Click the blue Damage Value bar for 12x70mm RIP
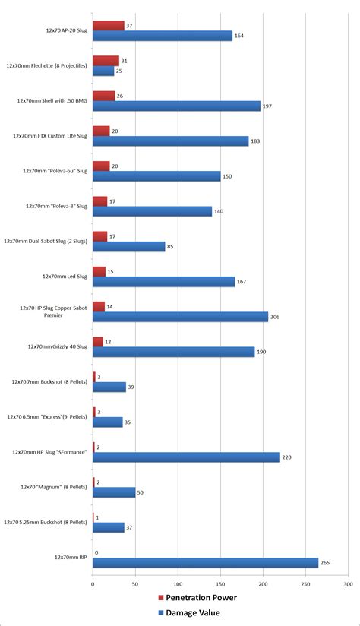[x=205, y=562]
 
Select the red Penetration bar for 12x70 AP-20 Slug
[x=108, y=26]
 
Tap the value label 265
[x=325, y=562]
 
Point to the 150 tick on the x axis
[x=220, y=584]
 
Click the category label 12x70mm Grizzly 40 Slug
[x=58, y=346]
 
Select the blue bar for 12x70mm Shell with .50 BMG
[x=176, y=106]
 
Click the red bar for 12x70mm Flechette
[x=106, y=61]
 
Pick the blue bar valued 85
[x=128, y=246]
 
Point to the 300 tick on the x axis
[x=348, y=584]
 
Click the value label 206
[x=275, y=317]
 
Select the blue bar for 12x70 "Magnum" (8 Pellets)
[x=114, y=492]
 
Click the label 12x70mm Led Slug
[x=65, y=277]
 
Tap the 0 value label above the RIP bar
[x=96, y=552]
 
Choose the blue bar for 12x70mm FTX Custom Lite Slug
[x=170, y=141]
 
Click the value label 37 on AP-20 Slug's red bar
[x=131, y=26]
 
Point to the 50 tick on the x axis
[x=135, y=584]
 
